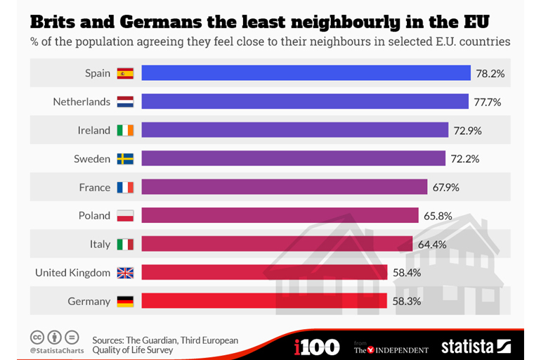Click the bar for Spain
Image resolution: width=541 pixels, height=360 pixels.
pyautogui.click(x=306, y=73)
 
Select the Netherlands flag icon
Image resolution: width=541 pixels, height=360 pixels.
pyautogui.click(x=125, y=101)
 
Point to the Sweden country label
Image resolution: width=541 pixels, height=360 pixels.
pyautogui.click(x=92, y=159)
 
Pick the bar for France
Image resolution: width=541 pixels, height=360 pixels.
pyautogui.click(x=285, y=187)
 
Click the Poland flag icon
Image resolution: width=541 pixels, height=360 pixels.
pyautogui.click(x=125, y=216)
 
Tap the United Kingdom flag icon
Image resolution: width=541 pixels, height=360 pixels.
pyautogui.click(x=125, y=273)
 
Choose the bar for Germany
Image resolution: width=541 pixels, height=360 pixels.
pyautogui.click(x=264, y=301)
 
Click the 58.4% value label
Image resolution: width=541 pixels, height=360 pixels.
pyautogui.click(x=407, y=273)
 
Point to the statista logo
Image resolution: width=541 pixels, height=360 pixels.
pyautogui.click(x=476, y=346)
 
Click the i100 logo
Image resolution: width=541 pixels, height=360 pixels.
pyautogui.click(x=317, y=346)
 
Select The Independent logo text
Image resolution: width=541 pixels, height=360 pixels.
pyautogui.click(x=391, y=348)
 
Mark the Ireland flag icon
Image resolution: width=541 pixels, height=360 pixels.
pyautogui.click(x=125, y=130)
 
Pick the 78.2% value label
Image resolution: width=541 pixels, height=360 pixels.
pyautogui.click(x=490, y=73)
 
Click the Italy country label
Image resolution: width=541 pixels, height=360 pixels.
pyautogui.click(x=100, y=244)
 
